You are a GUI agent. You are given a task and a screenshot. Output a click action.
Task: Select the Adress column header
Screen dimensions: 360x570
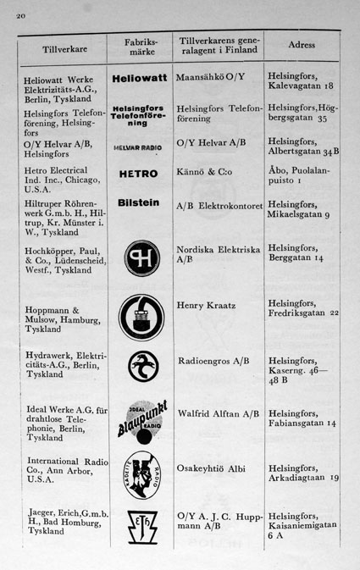(x=302, y=44)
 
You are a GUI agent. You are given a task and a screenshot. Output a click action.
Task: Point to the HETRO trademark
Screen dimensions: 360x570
(x=138, y=174)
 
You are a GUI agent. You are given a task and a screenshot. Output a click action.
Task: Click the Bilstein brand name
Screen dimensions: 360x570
(x=138, y=204)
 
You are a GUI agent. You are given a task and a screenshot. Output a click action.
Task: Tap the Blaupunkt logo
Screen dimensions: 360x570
(x=138, y=420)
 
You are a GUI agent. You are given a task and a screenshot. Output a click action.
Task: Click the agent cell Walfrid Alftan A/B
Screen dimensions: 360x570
(x=219, y=415)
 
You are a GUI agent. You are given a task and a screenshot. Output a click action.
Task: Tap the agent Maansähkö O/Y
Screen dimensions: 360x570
(x=210, y=76)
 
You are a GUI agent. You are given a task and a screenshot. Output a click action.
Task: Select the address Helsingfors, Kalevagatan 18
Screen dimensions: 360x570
(x=301, y=80)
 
